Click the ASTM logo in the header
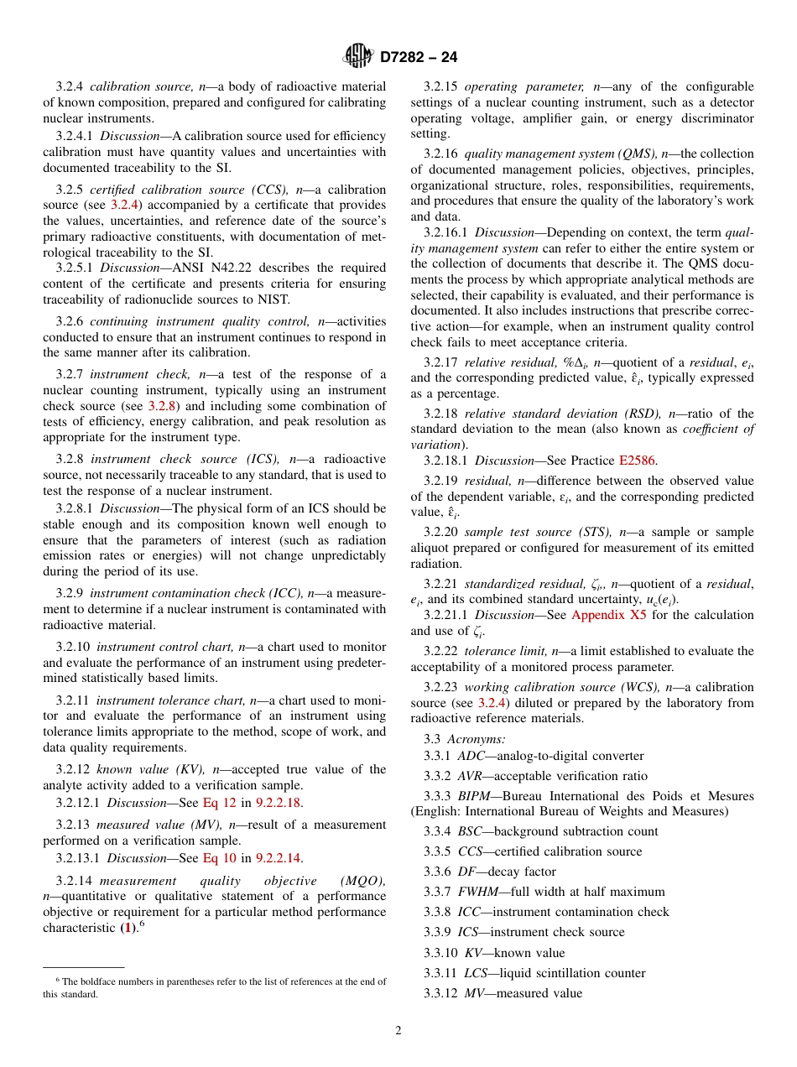[358, 56]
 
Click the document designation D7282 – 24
[419, 57]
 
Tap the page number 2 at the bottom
[398, 1031]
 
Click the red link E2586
[638, 461]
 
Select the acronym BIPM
[475, 796]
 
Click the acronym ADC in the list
[471, 756]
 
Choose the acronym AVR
[471, 776]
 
